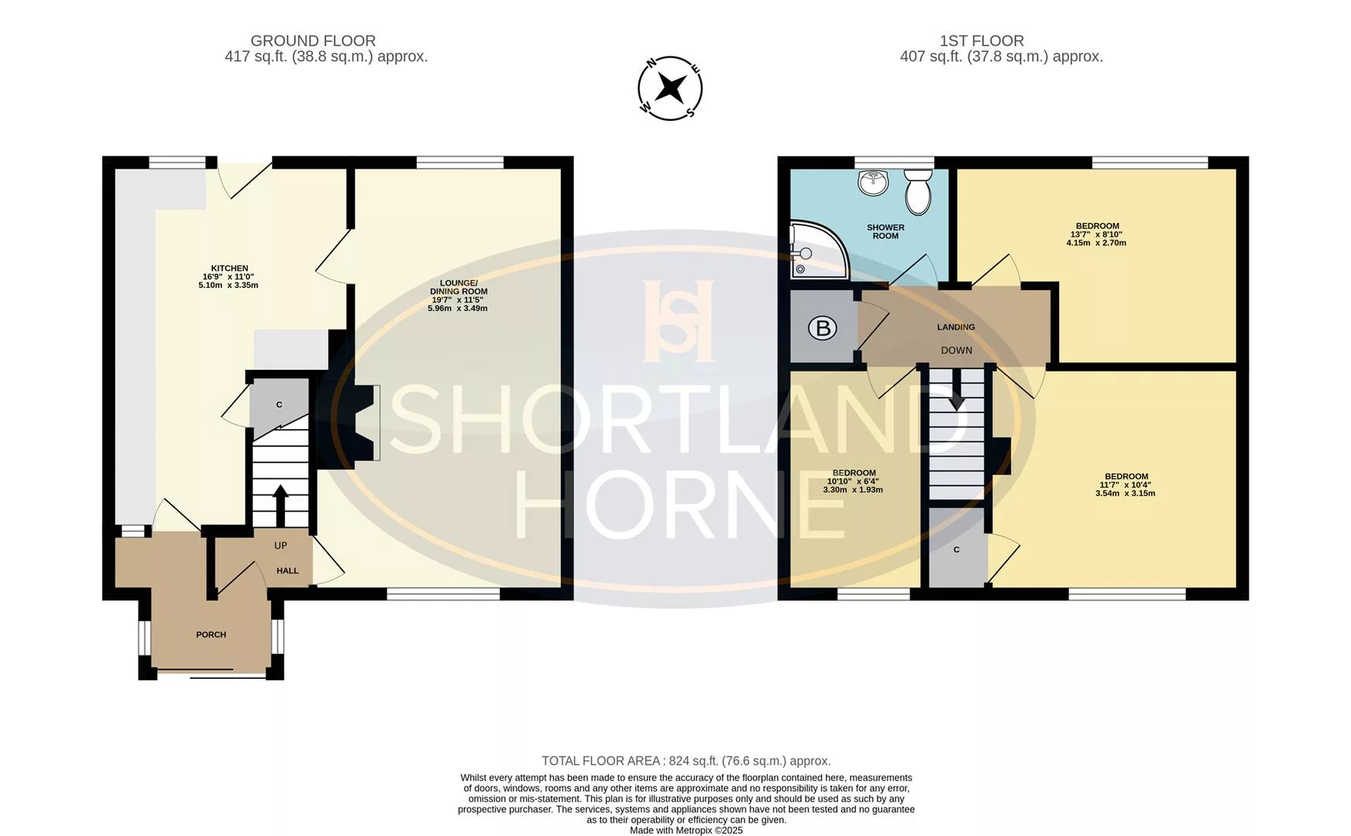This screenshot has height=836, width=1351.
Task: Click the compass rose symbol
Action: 670,88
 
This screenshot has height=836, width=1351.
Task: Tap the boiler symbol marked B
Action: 823,328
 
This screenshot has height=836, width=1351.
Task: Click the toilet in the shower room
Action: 919,191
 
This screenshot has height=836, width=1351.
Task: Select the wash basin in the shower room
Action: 872,183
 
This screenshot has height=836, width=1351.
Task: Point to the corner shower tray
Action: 818,250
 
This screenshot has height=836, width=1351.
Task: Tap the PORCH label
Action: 211,635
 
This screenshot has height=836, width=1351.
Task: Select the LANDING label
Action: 956,327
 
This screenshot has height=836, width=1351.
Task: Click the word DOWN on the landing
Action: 957,351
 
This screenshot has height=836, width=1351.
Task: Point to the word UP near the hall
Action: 280,546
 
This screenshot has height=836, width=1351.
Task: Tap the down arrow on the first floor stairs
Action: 957,389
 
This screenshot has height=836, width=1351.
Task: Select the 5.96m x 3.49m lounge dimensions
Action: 457,309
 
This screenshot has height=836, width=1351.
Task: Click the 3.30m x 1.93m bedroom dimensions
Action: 853,490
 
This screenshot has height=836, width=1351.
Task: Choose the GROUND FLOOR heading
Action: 313,41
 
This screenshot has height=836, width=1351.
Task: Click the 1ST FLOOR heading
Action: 981,41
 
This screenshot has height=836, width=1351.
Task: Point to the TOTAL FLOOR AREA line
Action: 686,761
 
